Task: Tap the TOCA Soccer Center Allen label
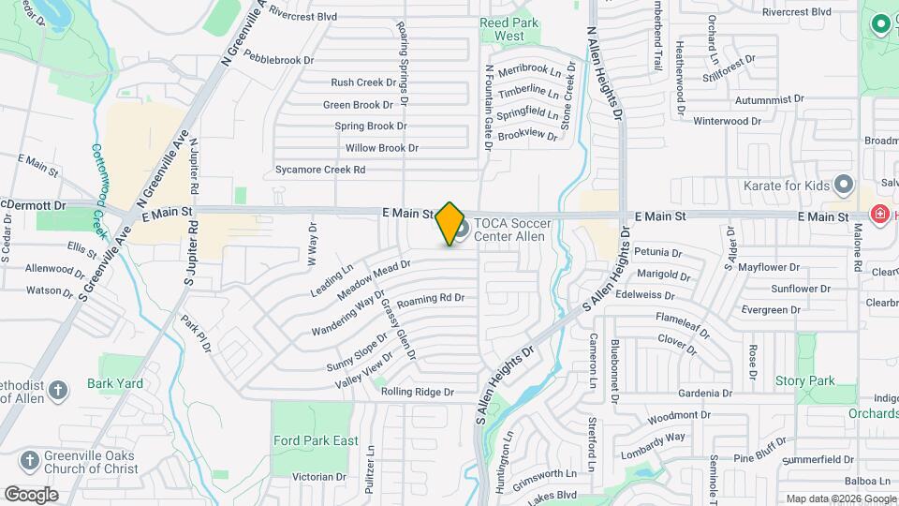point(512,230)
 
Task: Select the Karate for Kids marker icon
point(844,184)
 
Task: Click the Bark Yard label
point(114,383)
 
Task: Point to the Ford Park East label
point(316,440)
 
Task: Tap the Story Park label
point(804,381)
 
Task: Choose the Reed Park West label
point(502,29)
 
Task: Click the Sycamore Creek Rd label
point(319,171)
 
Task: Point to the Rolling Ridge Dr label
point(417,392)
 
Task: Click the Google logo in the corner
point(31,494)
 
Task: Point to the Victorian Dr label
point(318,477)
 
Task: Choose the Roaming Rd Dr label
point(431,299)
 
